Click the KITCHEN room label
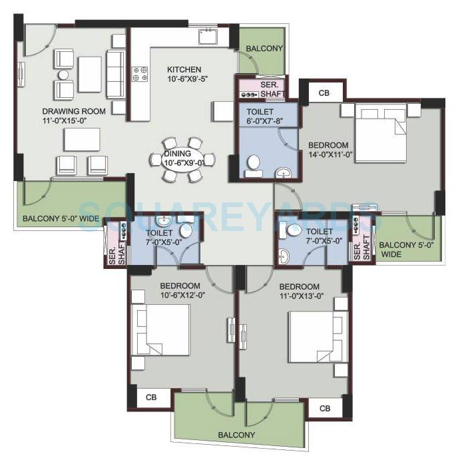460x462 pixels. point(184,70)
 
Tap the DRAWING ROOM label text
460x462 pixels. point(73,111)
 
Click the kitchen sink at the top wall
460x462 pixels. point(206,36)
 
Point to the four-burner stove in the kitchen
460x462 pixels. point(140,73)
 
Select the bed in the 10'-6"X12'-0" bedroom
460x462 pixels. point(160,331)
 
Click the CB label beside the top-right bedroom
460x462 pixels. point(324,93)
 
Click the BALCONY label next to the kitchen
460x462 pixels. point(264,49)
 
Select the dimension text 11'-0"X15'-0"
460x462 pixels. point(73,121)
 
